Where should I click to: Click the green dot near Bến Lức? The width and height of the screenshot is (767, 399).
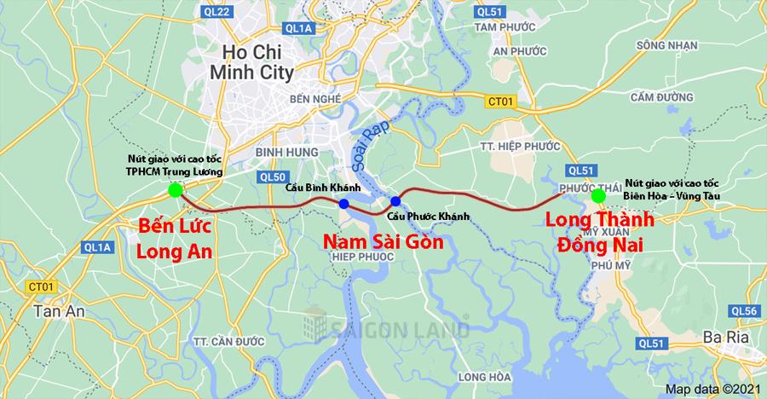pyautogui.click(x=175, y=190)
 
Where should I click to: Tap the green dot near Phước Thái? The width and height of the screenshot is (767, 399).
pyautogui.click(x=598, y=196)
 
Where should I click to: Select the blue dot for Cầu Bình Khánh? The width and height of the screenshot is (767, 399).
pyautogui.click(x=343, y=204)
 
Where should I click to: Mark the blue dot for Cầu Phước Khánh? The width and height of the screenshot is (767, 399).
pyautogui.click(x=395, y=201)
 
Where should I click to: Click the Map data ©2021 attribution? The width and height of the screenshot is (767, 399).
pyautogui.click(x=712, y=389)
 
